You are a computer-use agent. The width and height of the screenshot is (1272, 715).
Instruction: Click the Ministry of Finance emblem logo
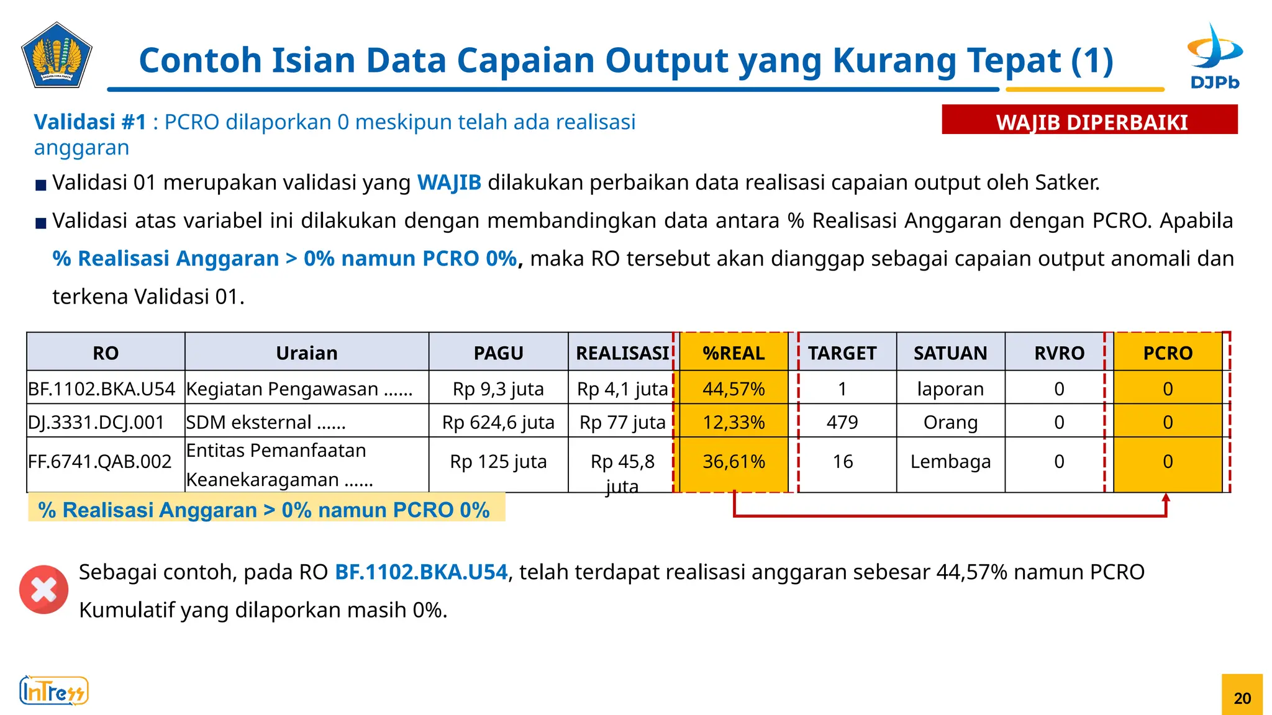[x=57, y=56]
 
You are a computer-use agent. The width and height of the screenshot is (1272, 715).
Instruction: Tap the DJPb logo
[x=1214, y=57]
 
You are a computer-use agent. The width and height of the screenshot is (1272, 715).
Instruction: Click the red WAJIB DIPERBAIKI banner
[x=1089, y=120]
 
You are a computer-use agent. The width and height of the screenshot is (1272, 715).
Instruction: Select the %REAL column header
[x=734, y=353]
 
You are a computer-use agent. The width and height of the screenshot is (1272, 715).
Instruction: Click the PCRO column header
[x=1168, y=353]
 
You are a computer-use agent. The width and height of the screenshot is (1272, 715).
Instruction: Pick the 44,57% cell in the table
[x=734, y=389]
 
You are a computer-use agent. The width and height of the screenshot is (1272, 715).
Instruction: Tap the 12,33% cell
[x=734, y=423]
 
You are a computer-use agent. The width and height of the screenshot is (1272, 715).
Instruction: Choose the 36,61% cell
[x=734, y=462]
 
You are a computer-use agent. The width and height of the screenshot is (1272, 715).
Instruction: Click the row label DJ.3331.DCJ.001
[x=96, y=423]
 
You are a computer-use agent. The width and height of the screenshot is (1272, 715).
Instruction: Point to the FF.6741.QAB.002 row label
[x=99, y=462]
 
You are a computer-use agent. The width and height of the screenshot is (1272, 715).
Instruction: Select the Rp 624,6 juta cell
[x=498, y=423]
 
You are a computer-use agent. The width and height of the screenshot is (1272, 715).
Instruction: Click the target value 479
[x=842, y=423]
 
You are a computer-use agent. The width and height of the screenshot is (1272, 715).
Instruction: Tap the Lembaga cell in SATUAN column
[x=950, y=462]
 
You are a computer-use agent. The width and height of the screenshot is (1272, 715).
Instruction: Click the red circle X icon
[x=43, y=590]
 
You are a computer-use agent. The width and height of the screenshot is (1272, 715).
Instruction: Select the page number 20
[x=1242, y=698]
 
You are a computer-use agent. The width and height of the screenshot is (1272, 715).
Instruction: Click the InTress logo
[x=54, y=691]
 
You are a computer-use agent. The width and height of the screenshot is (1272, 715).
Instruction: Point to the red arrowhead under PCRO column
[x=1166, y=498]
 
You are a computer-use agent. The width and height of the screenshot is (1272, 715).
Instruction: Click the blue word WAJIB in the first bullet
[x=449, y=182]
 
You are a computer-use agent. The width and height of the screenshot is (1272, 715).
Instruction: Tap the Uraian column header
[x=307, y=353]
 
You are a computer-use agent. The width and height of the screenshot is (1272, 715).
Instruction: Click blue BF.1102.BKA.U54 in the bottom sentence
[x=421, y=572]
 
